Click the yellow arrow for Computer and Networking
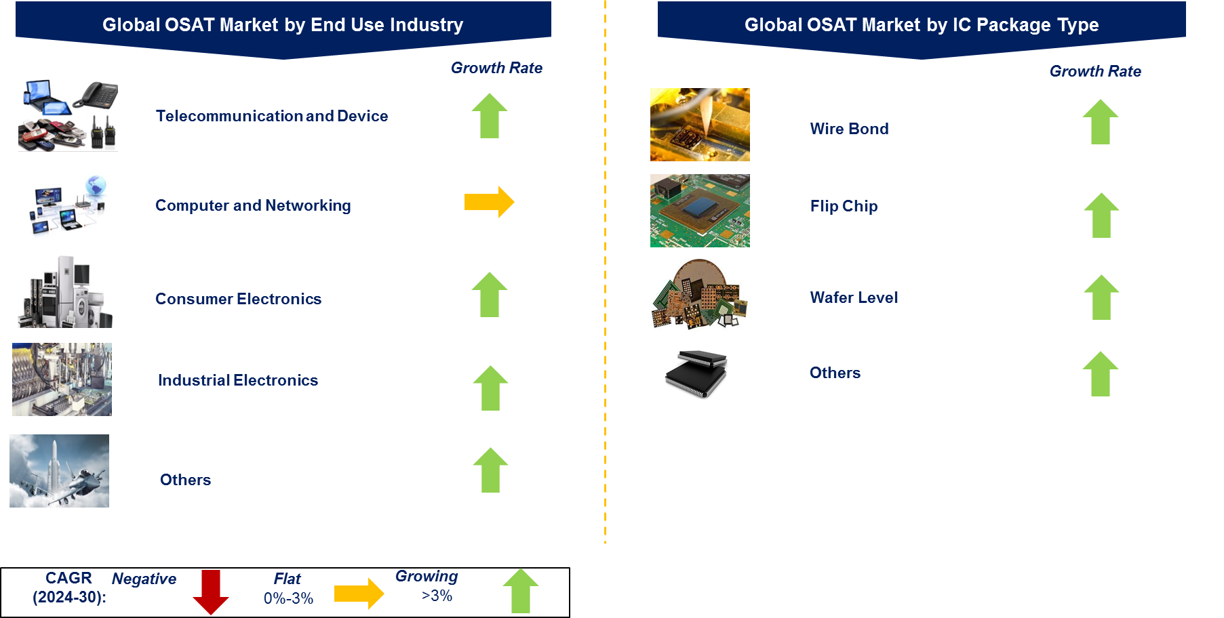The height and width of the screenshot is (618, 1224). point(489,202)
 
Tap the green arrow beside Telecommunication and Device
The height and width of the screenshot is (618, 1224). point(490,116)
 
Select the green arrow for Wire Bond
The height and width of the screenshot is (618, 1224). point(1100,122)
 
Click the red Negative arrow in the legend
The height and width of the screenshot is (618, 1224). point(211,592)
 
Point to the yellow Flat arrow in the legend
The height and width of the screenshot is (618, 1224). point(359,594)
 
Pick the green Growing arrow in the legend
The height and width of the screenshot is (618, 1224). point(521,591)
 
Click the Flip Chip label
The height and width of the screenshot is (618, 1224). point(844,206)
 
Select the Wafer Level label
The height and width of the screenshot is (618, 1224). point(854,297)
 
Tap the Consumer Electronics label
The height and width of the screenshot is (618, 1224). point(238,299)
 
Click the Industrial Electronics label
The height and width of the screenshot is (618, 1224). point(238,380)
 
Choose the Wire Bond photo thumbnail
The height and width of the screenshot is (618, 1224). point(700,125)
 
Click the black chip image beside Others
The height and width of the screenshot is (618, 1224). point(700,372)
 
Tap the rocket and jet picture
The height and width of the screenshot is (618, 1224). point(59,471)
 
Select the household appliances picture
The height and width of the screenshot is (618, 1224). point(65,291)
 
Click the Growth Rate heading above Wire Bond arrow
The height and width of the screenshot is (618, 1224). point(1095,71)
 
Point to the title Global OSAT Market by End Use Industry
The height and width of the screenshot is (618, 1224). point(283,25)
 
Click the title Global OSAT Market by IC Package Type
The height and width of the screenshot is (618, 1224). point(922,25)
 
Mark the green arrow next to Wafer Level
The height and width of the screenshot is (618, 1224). point(1101,297)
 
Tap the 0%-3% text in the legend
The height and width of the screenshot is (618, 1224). point(288,598)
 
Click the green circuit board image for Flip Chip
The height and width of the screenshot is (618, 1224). point(700,211)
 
